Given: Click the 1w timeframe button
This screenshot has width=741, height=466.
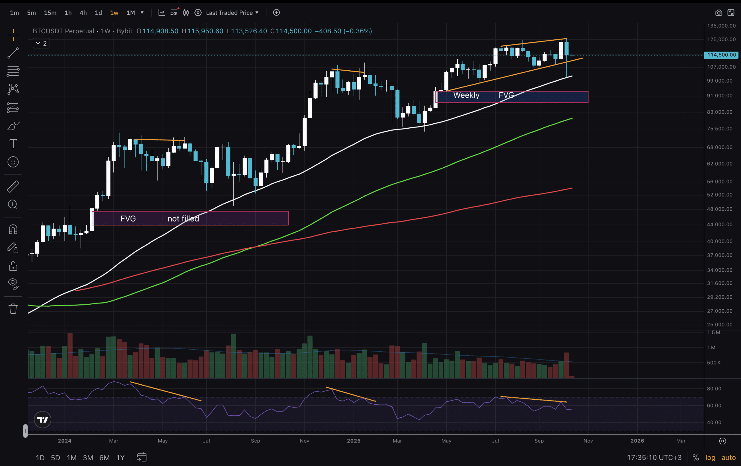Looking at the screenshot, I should (114, 13).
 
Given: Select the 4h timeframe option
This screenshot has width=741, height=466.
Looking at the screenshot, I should (83, 13).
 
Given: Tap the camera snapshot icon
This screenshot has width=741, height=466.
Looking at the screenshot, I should (718, 13).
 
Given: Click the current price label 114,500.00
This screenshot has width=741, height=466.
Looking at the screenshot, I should (721, 55).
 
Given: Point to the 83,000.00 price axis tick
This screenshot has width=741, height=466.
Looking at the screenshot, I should (720, 112).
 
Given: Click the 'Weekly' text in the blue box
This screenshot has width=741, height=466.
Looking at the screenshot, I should (466, 95).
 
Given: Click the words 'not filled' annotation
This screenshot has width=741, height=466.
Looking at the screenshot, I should (183, 219).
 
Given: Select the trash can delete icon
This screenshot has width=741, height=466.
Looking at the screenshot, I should (13, 309).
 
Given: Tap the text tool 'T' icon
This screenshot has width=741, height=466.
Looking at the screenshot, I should (13, 144).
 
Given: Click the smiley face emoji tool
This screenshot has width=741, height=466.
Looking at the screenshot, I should (13, 162).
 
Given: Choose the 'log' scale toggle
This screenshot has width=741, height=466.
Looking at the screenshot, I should (710, 458).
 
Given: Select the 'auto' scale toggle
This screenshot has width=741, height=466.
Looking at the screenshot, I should (728, 458).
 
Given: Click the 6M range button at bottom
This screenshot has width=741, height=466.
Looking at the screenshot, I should (104, 458).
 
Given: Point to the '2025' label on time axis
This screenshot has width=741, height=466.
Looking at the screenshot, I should (354, 441).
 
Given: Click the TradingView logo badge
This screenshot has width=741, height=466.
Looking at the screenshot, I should (43, 419).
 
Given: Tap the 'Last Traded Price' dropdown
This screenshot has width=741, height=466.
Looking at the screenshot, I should (232, 13).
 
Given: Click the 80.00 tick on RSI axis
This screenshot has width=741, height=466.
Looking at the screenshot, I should (714, 389).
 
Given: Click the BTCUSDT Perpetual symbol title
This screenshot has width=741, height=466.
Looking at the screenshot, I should (63, 31).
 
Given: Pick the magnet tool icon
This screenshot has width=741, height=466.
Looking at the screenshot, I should (13, 229).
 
